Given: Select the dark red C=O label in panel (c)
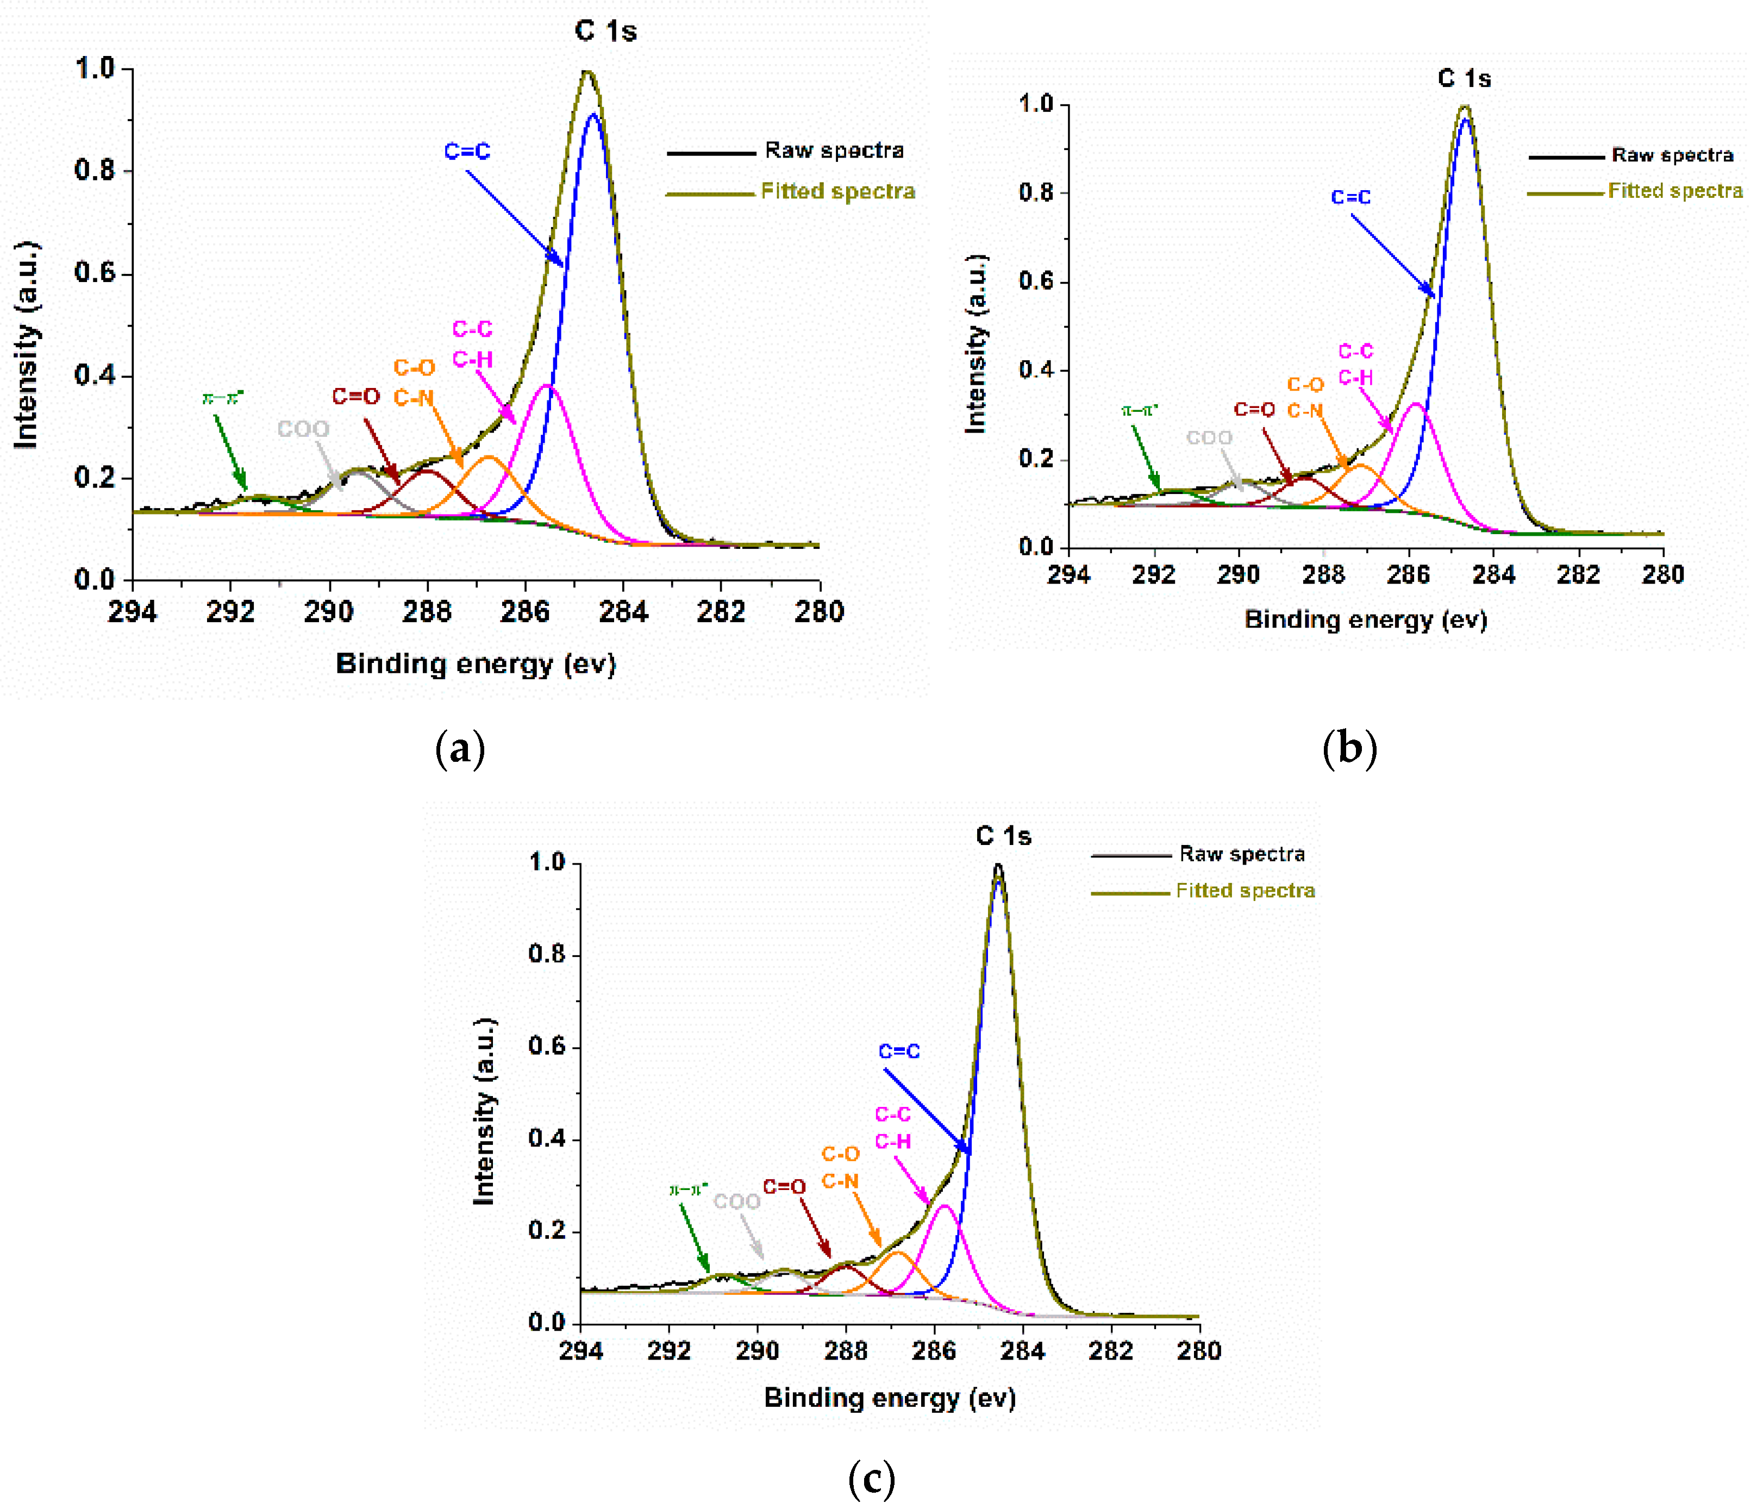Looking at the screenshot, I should (x=784, y=1187).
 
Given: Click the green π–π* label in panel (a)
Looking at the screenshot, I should (x=223, y=398).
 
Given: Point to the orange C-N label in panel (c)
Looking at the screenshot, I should (x=840, y=1181).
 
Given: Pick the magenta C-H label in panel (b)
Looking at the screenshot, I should (x=1355, y=377).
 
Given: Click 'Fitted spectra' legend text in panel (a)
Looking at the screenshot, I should (x=838, y=192).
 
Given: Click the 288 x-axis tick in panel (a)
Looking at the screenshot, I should (x=427, y=611).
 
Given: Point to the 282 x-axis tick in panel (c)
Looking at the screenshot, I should (x=1110, y=1350).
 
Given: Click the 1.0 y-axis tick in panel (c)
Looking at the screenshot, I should (x=546, y=862).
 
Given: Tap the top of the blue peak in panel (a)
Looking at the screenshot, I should (x=593, y=115).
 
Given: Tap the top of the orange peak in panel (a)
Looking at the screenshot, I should (x=489, y=457).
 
